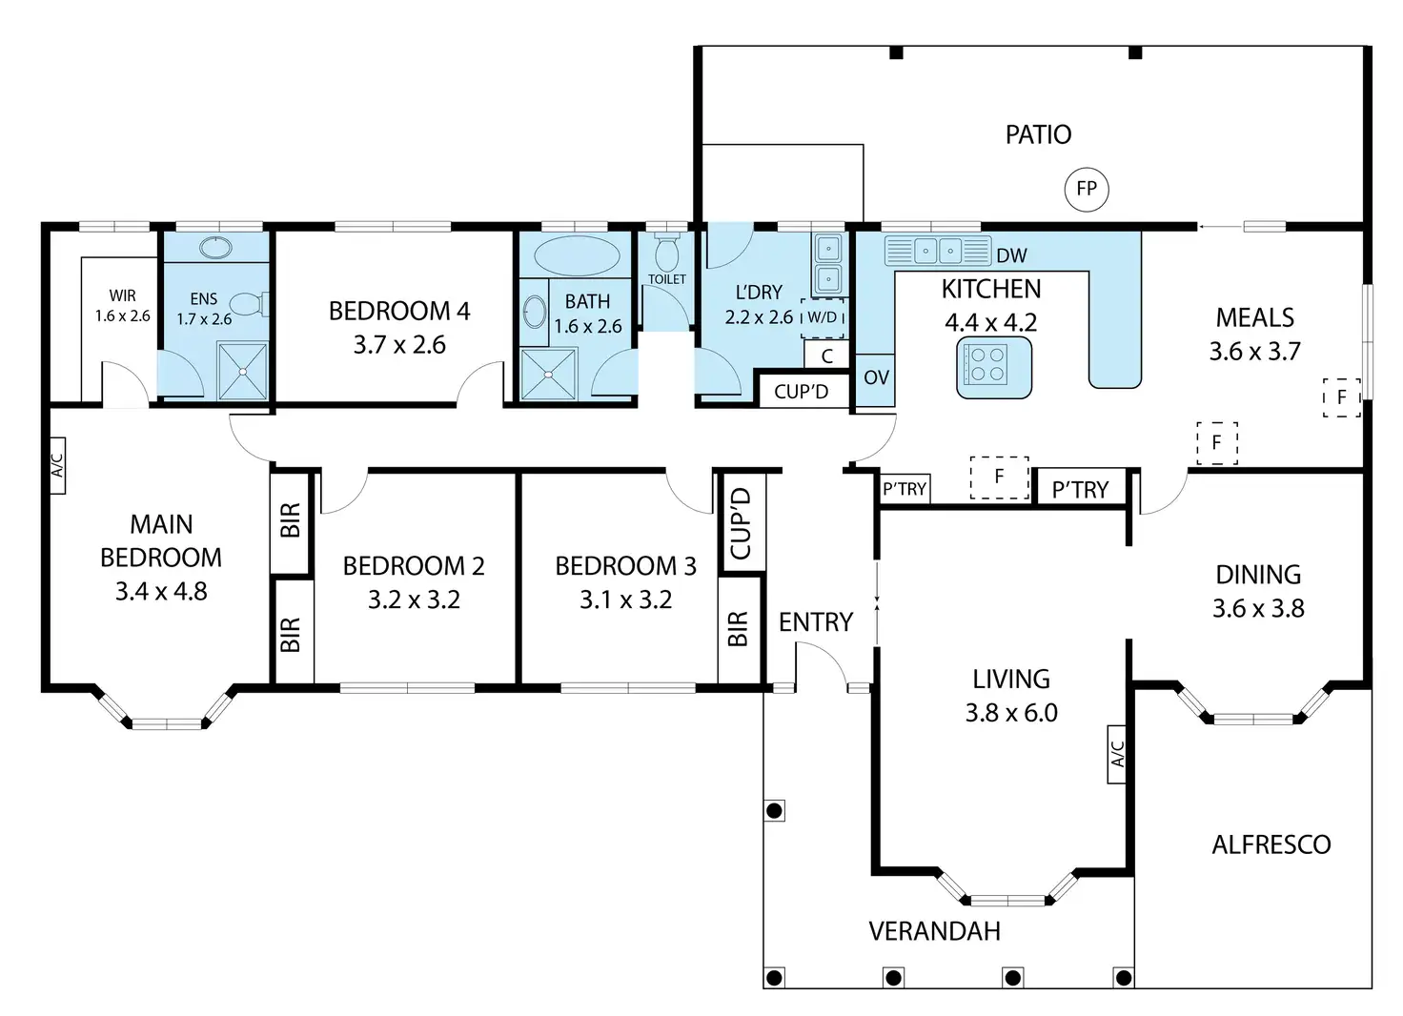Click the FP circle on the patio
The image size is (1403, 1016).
1087,189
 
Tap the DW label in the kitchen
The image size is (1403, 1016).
1011,255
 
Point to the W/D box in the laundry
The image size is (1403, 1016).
823,317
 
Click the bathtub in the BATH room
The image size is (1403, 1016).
577,256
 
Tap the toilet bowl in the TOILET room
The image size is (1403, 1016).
666,254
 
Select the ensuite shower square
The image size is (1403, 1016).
243,372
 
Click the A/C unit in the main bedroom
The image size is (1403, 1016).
57,465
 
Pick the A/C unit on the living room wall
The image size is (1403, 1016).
1117,754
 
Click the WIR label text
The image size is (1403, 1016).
122,295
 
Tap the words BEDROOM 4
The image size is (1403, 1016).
399,311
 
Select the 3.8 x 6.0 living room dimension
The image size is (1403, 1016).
1011,713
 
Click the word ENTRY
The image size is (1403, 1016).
816,622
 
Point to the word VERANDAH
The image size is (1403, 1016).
934,931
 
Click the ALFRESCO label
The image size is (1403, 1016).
1271,845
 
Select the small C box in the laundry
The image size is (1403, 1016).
826,356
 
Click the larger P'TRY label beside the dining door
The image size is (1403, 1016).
1081,489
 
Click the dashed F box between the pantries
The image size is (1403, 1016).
999,478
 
